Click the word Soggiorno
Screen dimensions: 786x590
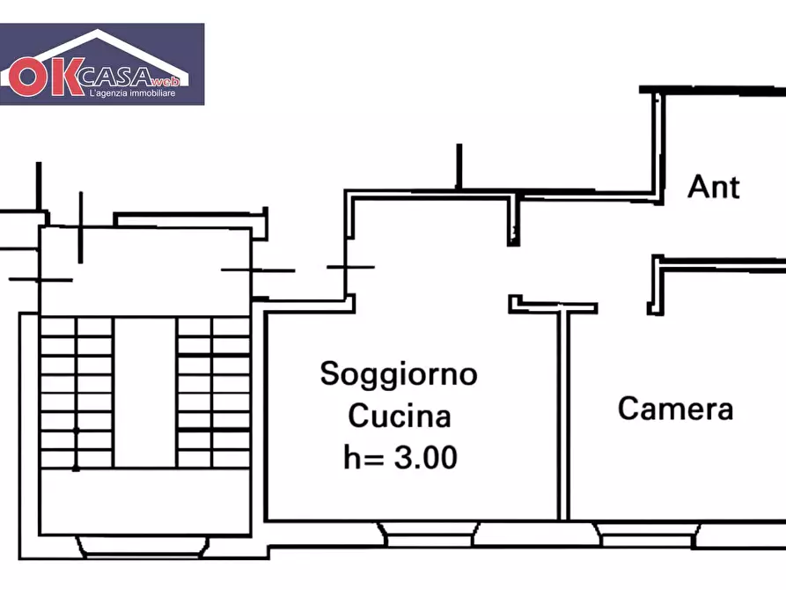(399, 373)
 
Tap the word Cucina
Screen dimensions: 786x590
(400, 416)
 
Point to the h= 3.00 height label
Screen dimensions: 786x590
(400, 457)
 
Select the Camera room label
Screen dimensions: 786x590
(675, 409)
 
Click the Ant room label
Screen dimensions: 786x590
(714, 187)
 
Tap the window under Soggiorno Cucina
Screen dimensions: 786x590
(428, 532)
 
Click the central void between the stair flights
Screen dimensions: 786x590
(145, 392)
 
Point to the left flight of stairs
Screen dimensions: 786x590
(76, 392)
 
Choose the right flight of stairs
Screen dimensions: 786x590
(214, 392)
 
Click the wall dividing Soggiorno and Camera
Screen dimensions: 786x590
(563, 414)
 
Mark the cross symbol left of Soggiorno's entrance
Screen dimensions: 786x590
(349, 266)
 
